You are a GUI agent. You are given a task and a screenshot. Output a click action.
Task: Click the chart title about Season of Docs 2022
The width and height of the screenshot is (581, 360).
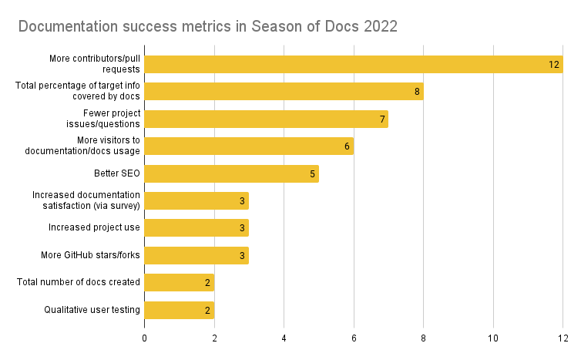coord(207,27)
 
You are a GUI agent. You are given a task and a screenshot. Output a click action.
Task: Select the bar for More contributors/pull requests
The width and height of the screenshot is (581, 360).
coord(347,64)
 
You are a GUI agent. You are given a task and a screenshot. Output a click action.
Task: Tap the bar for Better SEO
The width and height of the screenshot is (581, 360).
coord(231,173)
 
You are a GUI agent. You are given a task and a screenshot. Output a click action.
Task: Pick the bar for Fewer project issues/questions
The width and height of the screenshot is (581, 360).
coord(266,119)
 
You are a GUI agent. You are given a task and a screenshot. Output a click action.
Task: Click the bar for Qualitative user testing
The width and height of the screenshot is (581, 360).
coord(179,310)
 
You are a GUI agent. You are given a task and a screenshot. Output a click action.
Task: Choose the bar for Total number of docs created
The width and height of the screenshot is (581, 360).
coord(179,282)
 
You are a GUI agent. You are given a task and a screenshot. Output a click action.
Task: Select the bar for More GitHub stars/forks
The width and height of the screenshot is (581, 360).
coord(196,255)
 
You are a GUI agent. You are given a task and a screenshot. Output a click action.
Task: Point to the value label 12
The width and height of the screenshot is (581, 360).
coord(554,65)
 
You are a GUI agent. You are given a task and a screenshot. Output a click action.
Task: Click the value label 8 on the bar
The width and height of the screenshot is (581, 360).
coord(417,92)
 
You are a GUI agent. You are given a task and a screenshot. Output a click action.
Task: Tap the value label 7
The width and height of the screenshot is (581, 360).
coord(382,119)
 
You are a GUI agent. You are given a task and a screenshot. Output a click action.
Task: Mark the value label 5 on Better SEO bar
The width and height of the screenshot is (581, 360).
coord(312,174)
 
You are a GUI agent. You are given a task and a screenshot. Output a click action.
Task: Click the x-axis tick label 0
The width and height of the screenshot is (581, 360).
coord(144,337)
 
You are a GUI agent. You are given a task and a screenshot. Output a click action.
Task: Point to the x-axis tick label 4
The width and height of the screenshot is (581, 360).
coord(284,337)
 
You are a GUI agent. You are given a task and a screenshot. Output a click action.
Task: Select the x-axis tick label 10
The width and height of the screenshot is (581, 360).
coord(492,337)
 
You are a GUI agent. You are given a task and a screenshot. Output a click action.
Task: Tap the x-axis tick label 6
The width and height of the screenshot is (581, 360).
coord(354,337)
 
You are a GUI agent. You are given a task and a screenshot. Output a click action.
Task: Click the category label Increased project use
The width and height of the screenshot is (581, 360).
coord(94,227)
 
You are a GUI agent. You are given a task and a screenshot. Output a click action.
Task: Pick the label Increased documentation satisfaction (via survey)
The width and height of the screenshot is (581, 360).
coord(86,200)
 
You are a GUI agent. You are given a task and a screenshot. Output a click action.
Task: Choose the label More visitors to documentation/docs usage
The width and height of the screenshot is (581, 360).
coord(92,146)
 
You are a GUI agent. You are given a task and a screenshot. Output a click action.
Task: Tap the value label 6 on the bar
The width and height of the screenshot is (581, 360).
coord(347,146)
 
